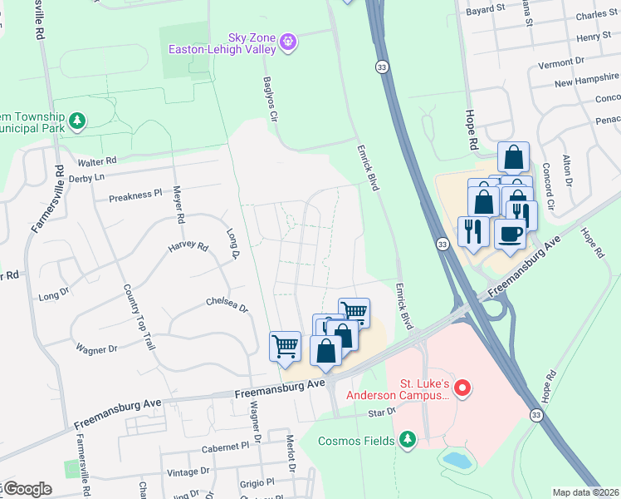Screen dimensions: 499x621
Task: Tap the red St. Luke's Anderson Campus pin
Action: coord(463,388)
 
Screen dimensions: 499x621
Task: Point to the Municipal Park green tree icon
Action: coord(77,122)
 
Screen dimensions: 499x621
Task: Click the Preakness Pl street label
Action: coord(135,196)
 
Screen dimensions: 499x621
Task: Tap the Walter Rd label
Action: coord(97,161)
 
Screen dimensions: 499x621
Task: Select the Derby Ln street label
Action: coord(89,177)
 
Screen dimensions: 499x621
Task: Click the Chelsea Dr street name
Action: coord(227,304)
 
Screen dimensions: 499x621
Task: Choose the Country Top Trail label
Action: coord(138,316)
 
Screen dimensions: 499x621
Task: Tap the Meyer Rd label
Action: coord(178,205)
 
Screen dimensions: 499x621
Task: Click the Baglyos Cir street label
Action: coord(269,99)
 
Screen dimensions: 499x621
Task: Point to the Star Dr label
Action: coord(382,413)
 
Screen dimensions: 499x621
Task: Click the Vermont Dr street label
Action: coord(561,63)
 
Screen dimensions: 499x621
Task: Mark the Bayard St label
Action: coord(486,9)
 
